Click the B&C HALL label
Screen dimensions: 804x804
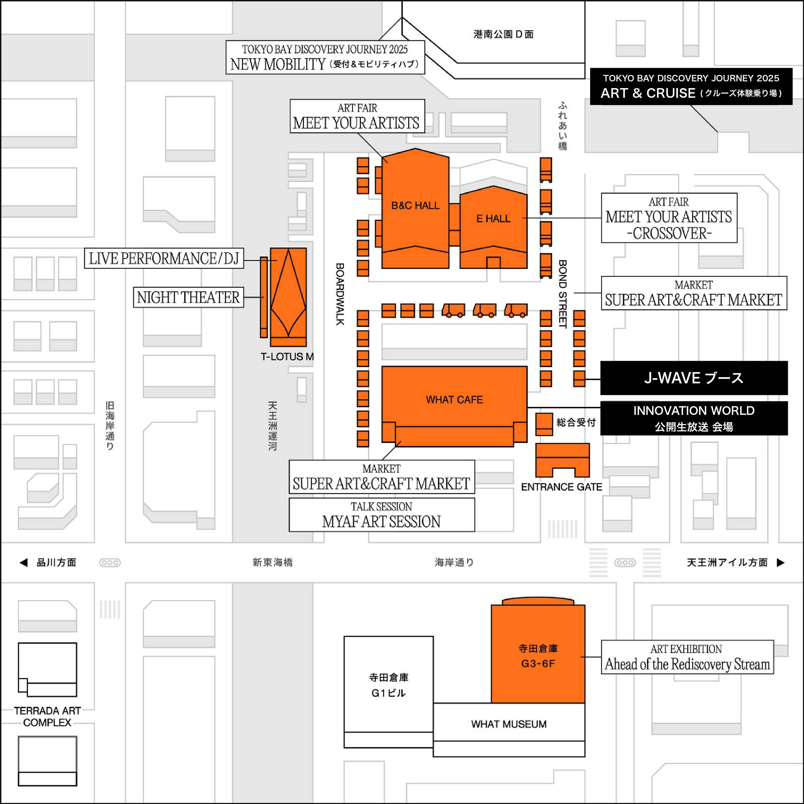(415, 206)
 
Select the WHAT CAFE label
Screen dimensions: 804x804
(454, 399)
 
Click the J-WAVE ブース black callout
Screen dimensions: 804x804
(694, 378)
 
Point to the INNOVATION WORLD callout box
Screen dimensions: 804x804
(694, 418)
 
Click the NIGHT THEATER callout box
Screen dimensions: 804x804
(188, 297)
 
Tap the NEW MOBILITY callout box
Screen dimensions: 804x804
(325, 58)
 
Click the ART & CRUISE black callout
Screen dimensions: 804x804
(691, 86)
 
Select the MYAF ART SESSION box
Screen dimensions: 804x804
(382, 515)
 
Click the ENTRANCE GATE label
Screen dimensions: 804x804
(562, 487)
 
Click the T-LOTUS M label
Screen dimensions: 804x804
(287, 357)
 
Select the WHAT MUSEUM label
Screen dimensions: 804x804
(508, 724)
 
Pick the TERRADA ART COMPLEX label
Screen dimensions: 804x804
(48, 717)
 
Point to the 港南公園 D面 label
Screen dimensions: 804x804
(503, 34)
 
